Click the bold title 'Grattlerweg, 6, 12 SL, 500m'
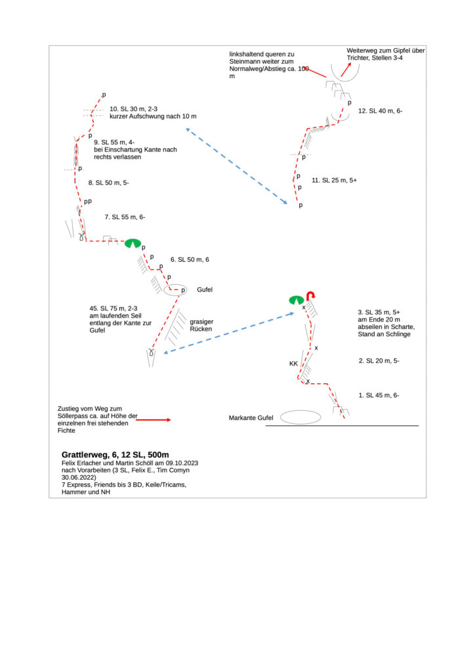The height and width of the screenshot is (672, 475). [x=115, y=455]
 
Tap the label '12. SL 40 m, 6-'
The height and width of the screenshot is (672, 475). [x=380, y=111]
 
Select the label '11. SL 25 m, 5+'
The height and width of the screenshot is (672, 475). [x=334, y=180]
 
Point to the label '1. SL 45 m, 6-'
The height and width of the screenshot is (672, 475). [x=379, y=395]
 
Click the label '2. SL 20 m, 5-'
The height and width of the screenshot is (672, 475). [x=379, y=361]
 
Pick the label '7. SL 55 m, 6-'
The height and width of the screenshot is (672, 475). [x=125, y=217]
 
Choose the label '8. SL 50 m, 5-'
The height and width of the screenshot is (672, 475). [x=108, y=183]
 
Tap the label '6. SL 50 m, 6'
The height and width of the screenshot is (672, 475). [x=190, y=260]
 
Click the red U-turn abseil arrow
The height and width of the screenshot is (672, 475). [x=310, y=295]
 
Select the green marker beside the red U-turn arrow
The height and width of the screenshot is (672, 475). [x=297, y=300]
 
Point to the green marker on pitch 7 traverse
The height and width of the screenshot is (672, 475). [x=133, y=243]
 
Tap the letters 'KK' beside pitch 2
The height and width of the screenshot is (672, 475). [x=293, y=364]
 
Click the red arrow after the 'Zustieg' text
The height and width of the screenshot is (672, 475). [x=154, y=420]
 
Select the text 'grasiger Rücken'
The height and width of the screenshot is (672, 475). [x=201, y=325]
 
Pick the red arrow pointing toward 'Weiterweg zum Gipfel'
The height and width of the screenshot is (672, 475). [x=346, y=70]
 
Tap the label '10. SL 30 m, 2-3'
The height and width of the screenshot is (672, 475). [x=133, y=109]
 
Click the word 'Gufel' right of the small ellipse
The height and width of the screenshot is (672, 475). [x=205, y=289]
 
